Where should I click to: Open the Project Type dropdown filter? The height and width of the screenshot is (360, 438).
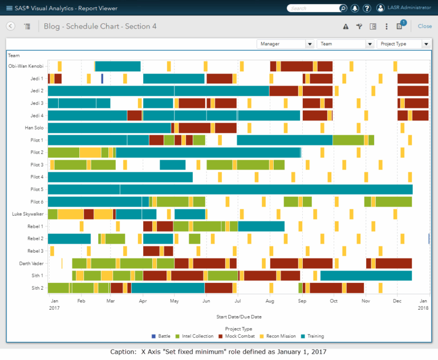[x=403, y=44]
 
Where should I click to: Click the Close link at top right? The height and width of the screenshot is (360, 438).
[x=424, y=26]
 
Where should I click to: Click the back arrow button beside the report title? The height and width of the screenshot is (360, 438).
[x=10, y=26]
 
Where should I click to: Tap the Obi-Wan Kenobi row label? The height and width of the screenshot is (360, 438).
[x=26, y=66]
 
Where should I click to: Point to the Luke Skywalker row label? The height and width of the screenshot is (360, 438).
[x=27, y=214]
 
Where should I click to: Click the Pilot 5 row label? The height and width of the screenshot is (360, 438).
[x=36, y=189]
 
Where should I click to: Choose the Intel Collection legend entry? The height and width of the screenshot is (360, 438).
[x=197, y=337]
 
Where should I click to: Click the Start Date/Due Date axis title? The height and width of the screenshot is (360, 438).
[x=238, y=317]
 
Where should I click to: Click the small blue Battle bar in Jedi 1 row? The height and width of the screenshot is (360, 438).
[x=102, y=79]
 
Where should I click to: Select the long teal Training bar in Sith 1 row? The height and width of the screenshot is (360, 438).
[x=366, y=276]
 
